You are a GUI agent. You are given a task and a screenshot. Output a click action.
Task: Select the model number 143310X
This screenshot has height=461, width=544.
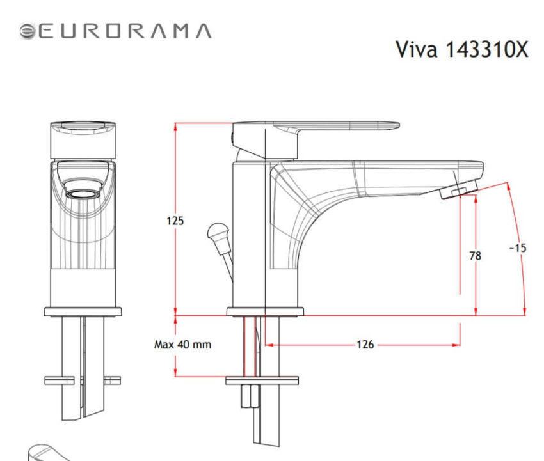click(486, 51)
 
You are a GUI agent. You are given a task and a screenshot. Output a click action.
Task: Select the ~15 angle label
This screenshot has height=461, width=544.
click(517, 247)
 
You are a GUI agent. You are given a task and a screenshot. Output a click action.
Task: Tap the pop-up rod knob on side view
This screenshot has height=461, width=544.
click(217, 231)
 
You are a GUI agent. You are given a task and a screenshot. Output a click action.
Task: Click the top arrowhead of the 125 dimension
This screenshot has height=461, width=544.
click(175, 125)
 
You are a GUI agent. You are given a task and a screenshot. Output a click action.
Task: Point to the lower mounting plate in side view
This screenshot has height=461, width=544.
click(262, 381)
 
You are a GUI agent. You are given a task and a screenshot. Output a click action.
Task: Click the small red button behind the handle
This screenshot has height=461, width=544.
click(231, 136)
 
